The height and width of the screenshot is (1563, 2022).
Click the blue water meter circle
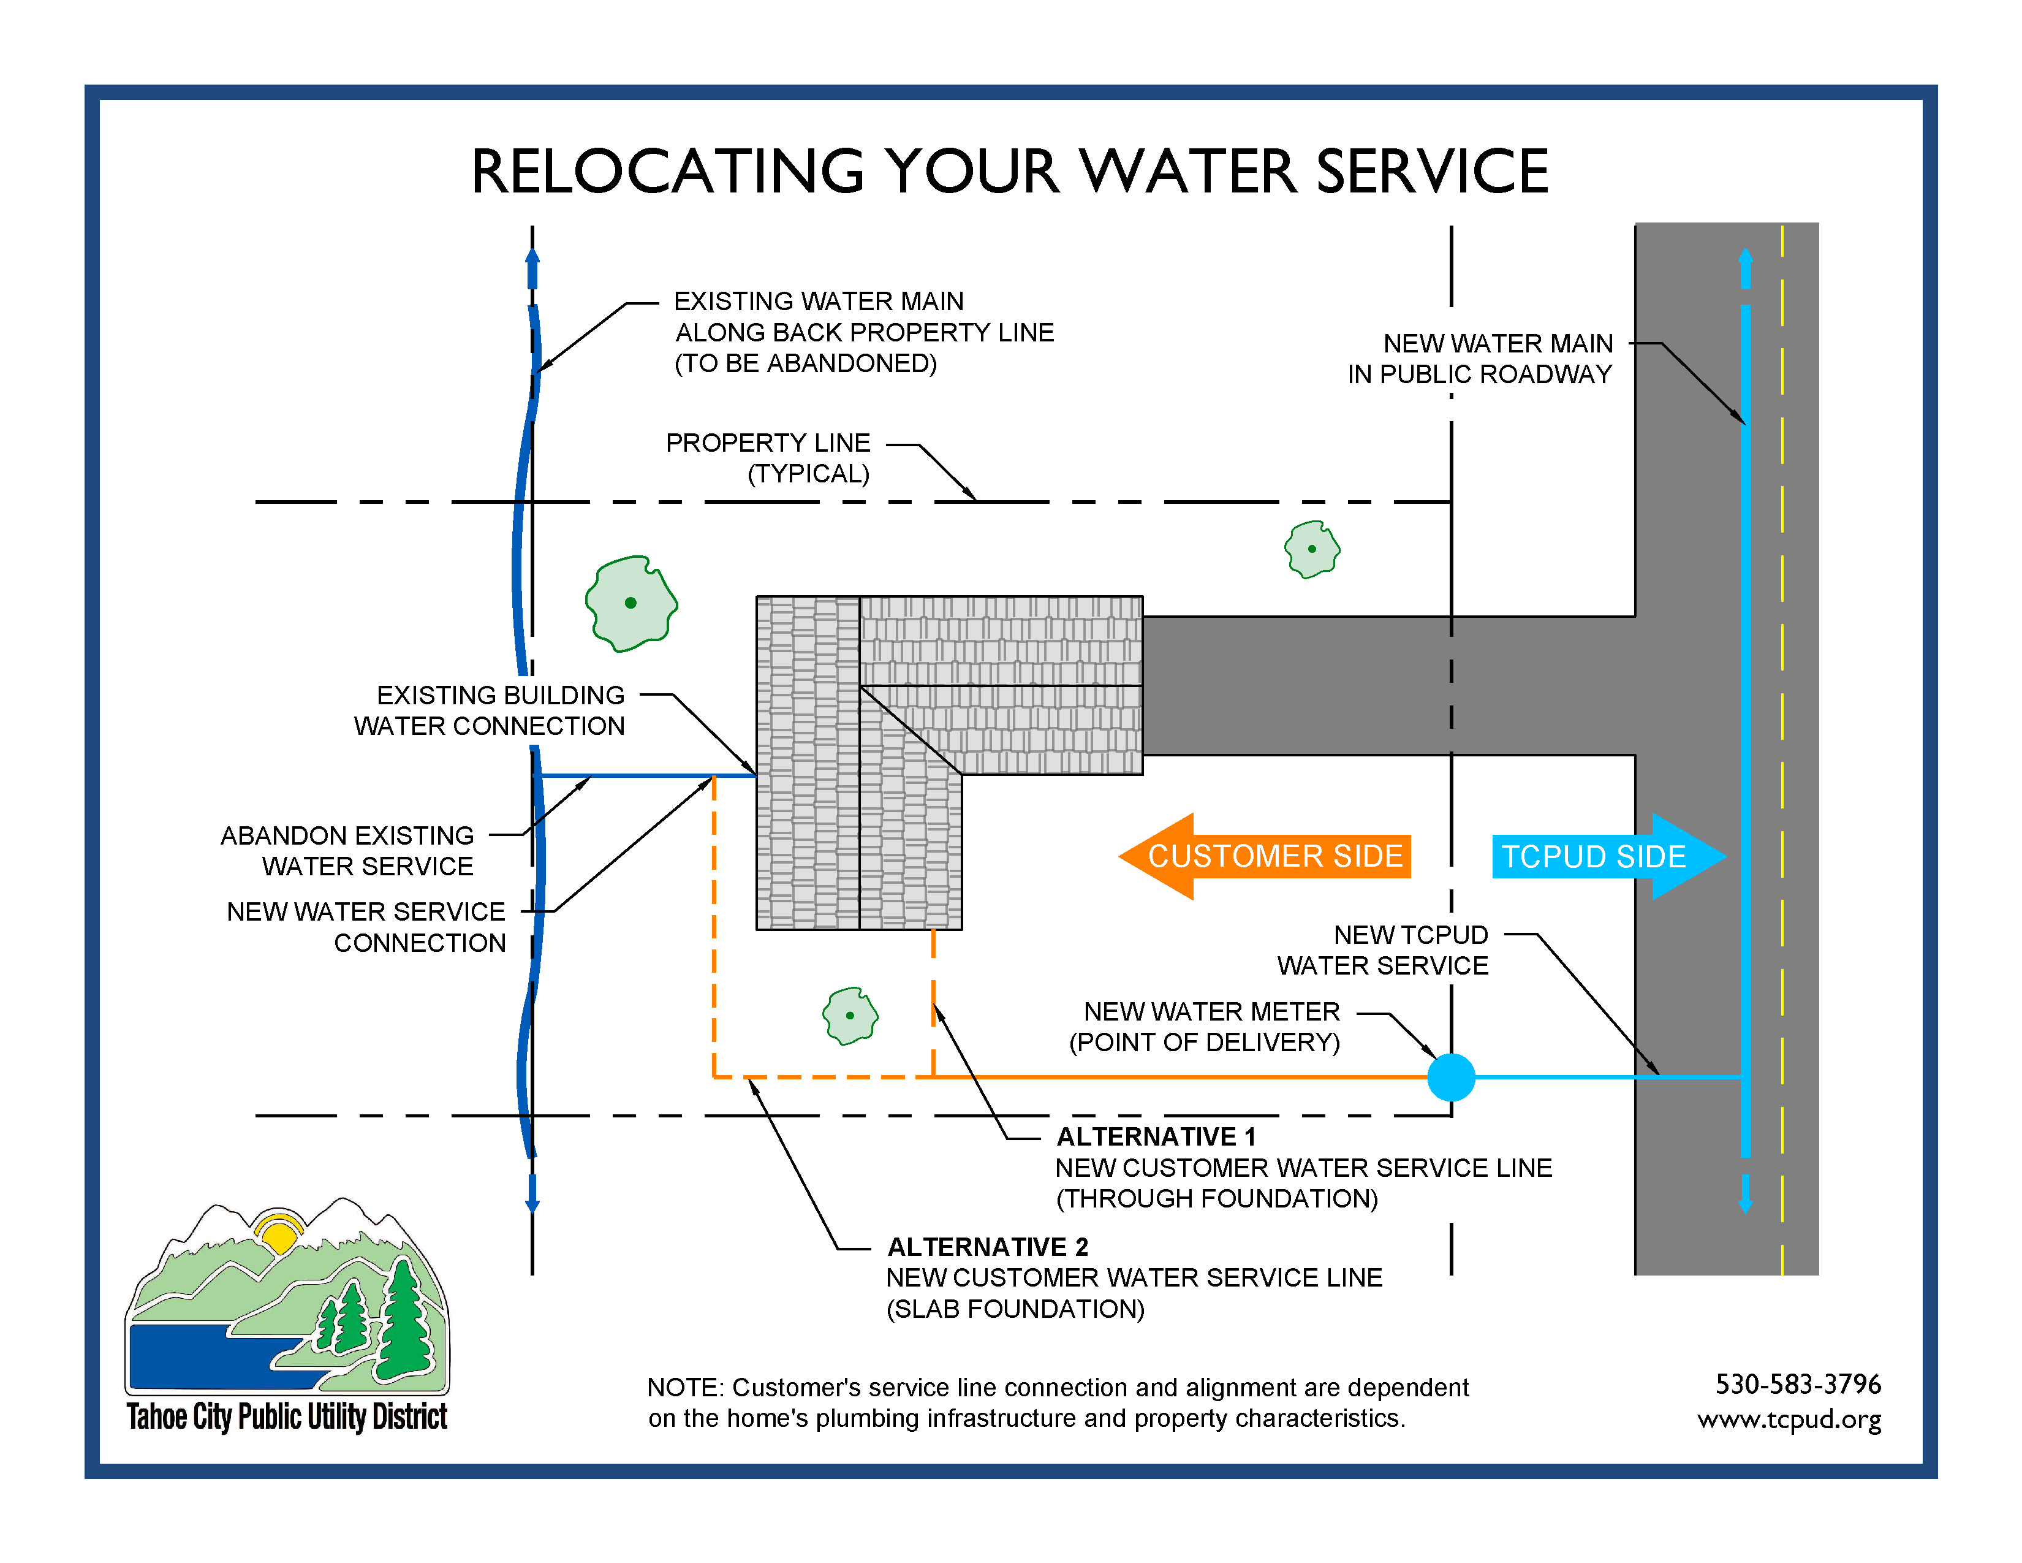(1451, 1077)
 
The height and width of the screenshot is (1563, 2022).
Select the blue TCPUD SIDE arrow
(1609, 856)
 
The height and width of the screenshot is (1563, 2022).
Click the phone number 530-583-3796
(1798, 1384)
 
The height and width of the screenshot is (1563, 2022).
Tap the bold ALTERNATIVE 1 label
(1156, 1136)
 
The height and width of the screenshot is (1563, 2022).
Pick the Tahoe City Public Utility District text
(287, 1417)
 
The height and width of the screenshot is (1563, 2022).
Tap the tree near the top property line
(1312, 549)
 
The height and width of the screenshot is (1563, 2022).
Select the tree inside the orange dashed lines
(850, 1016)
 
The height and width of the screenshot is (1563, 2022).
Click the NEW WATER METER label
(1205, 1027)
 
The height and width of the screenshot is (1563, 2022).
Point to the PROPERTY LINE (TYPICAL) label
(768, 458)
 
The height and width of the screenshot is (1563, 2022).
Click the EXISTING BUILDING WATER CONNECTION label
(489, 710)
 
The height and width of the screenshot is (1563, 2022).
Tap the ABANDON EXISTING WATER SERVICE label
(347, 851)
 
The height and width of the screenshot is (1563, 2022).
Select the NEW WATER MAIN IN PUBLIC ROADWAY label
(1480, 359)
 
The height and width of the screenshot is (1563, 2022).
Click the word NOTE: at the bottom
(685, 1387)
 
